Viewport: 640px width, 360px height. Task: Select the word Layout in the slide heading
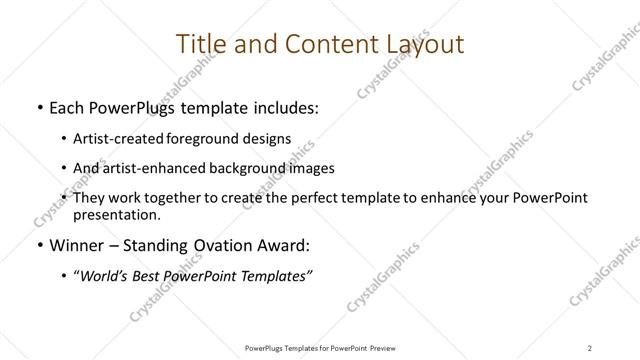419,44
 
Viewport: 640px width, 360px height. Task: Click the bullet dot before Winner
38,244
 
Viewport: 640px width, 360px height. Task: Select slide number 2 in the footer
590,347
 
